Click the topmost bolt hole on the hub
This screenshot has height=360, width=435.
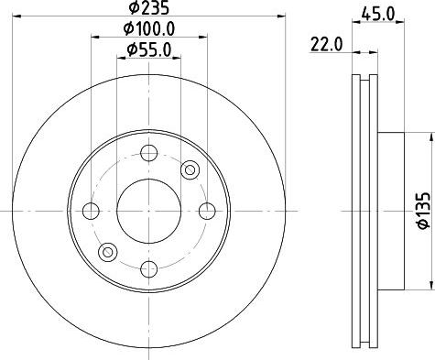coord(149,154)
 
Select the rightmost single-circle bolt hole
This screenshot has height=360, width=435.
coord(207,212)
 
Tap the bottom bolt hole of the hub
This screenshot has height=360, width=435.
coord(149,267)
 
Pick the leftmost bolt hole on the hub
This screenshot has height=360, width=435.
coord(91,212)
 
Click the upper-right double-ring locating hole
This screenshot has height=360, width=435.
coord(190,169)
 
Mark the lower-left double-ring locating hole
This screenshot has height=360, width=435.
coord(109,252)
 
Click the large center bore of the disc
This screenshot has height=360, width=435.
coord(149,211)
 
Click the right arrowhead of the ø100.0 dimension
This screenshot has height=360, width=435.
coord(204,38)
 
